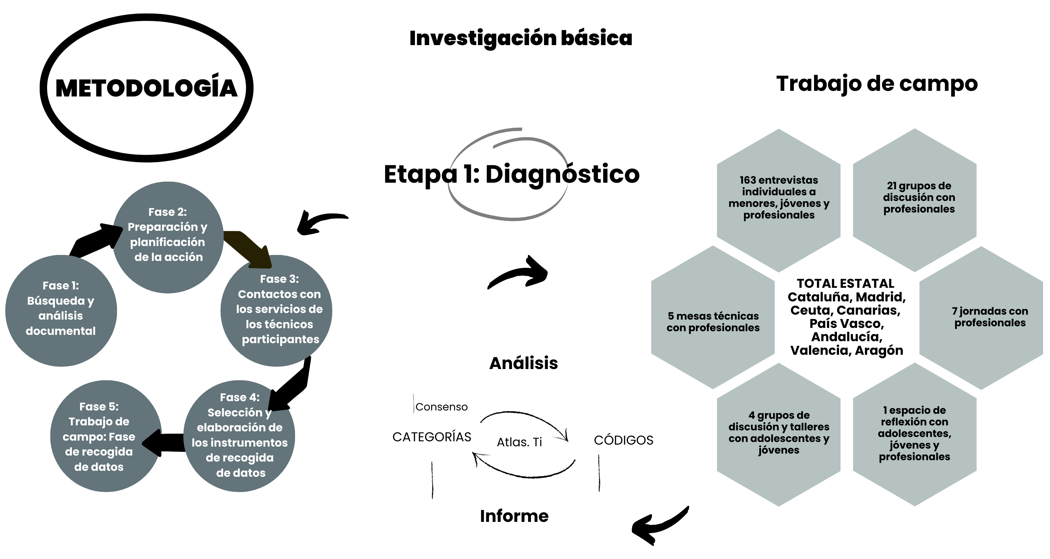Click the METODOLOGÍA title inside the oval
(146, 88)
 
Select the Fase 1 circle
(61, 310)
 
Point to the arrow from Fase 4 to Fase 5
(165, 442)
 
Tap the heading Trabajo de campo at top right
(877, 84)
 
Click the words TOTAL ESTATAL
(846, 283)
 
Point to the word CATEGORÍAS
(432, 437)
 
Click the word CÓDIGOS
(623, 440)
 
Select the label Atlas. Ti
(519, 442)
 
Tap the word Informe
(514, 516)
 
